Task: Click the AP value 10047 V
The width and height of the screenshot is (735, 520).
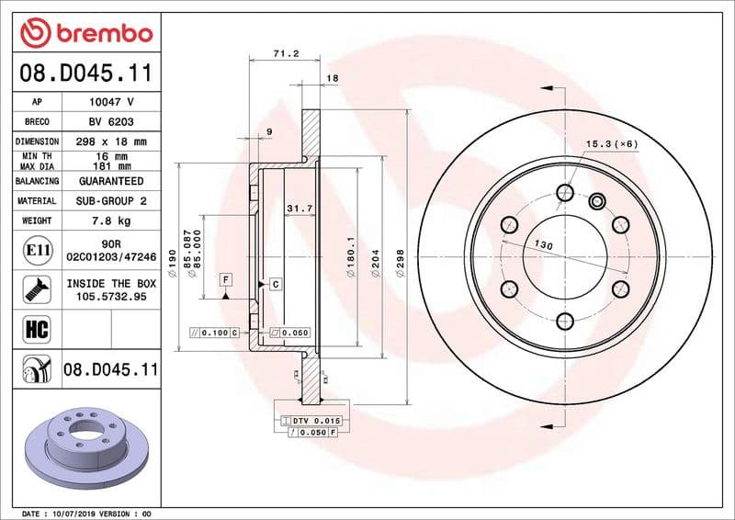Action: coord(112,102)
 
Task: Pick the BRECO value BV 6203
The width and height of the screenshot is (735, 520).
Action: coord(112,122)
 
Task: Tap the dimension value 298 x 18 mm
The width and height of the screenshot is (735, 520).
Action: coord(112,141)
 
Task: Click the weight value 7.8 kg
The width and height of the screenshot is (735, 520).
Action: coord(112,220)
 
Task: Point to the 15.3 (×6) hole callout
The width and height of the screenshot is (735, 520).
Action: coord(611,144)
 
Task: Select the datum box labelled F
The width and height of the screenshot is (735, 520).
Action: coord(225,278)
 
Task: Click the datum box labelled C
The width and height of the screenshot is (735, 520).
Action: coord(275,285)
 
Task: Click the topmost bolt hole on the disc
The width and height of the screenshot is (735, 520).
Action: coord(564,192)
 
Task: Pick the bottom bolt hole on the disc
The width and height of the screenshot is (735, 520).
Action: coord(564,320)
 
